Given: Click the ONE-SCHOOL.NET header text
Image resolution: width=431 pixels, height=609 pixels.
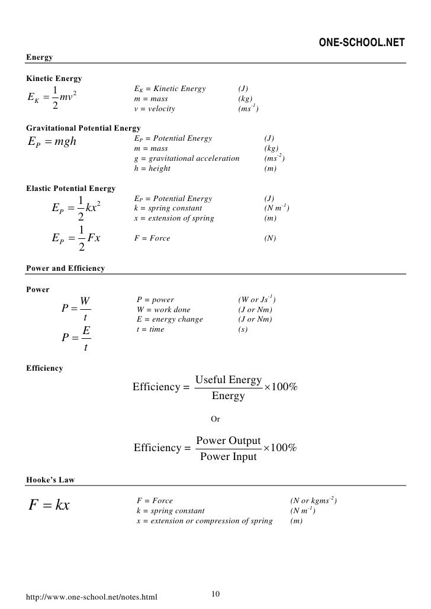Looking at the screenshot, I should click(x=362, y=43).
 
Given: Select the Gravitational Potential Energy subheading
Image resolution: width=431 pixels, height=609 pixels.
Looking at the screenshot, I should click(x=83, y=128).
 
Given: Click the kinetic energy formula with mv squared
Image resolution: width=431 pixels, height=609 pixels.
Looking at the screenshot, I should click(x=53, y=99).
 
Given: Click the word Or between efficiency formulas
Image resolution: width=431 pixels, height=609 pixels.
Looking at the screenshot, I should click(x=215, y=419).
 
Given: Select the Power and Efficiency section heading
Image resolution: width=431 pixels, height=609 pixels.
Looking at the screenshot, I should click(x=66, y=268).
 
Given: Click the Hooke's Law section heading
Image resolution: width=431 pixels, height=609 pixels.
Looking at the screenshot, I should click(x=50, y=481).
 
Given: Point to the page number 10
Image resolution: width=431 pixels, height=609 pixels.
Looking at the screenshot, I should click(x=215, y=594).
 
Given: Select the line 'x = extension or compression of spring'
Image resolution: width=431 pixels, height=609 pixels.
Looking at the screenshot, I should click(x=204, y=521).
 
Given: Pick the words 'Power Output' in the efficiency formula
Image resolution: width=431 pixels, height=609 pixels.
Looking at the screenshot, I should click(x=229, y=441).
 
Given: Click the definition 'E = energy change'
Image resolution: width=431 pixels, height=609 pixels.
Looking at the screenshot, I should click(x=169, y=319).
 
